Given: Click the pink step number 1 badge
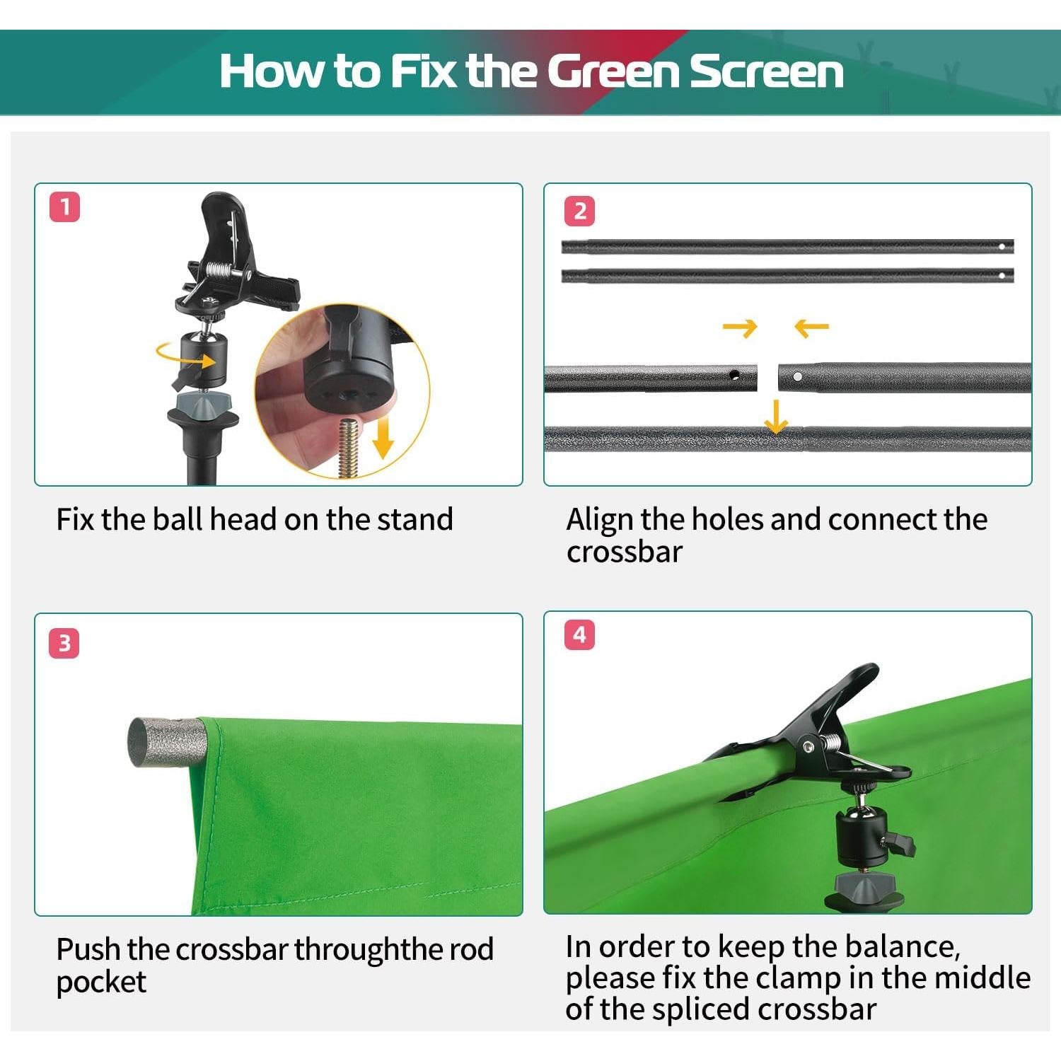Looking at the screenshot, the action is coord(65,207).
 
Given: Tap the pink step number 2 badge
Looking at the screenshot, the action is coord(580,211).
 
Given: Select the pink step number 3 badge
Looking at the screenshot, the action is coord(64,644).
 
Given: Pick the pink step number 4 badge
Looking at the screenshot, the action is coord(579,634).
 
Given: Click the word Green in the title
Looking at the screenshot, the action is coord(613,71).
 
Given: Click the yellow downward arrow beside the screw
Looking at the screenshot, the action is coord(383,436).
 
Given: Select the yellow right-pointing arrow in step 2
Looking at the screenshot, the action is coord(740,327).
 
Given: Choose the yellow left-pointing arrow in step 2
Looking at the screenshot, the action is coord(811,327).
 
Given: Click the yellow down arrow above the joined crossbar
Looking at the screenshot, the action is coord(776,417).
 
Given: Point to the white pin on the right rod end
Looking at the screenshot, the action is coord(798,377).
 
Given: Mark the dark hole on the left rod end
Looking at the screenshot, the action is coord(734,375).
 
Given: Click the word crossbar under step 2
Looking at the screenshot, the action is coord(625,552).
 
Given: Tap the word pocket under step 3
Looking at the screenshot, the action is coord(101,982).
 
